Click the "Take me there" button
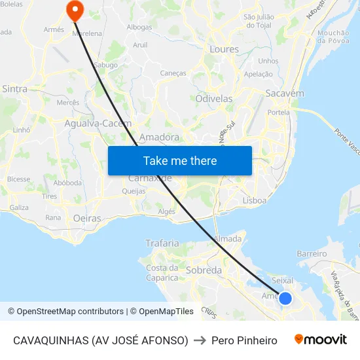180,160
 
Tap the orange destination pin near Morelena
75,10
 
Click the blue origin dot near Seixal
285,298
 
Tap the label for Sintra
14,88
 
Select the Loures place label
224,49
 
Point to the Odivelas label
214,98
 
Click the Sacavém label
285,93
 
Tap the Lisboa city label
254,200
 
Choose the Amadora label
160,137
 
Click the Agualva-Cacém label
98,123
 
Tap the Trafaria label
162,243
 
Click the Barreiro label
312,253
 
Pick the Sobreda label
204,270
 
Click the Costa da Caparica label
162,272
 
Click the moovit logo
321,340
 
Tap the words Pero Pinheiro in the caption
244,340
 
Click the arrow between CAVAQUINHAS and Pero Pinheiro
200,340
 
